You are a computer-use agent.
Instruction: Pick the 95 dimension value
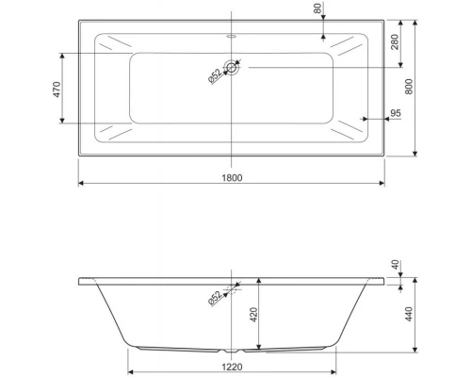[395, 114]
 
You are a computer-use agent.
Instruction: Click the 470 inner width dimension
[57, 89]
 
